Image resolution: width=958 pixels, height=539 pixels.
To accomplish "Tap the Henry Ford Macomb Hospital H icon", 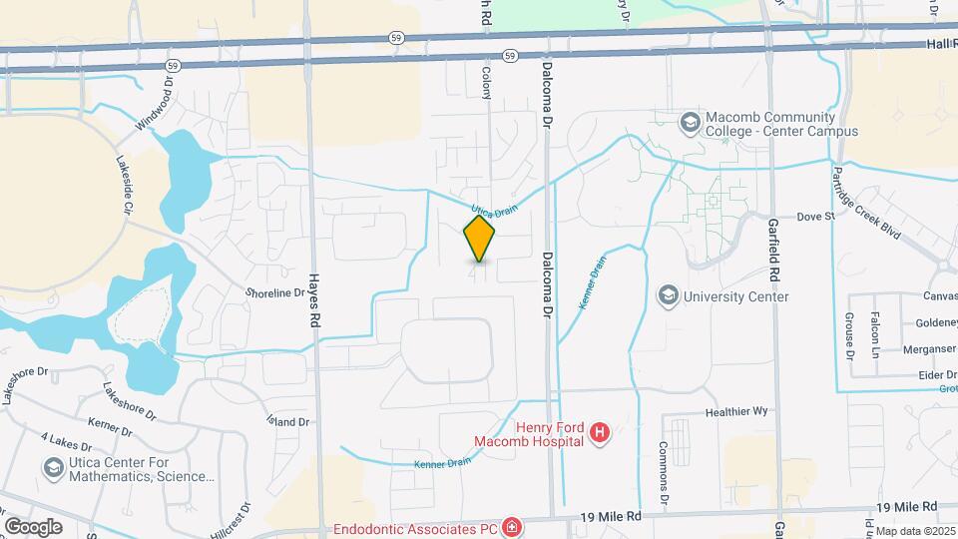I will (x=600, y=432).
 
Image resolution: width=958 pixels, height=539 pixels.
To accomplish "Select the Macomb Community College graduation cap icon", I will (x=689, y=122).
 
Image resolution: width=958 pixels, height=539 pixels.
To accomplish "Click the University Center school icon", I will (x=667, y=296).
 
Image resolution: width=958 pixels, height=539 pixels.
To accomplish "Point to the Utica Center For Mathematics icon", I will (x=53, y=467).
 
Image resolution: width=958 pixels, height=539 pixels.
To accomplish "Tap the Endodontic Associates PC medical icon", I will (x=511, y=527).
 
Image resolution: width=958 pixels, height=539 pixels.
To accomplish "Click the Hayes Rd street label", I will (x=313, y=300).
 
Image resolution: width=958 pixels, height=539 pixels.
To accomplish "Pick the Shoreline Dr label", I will (x=274, y=292).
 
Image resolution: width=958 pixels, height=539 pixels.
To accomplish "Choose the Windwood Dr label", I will (x=155, y=109).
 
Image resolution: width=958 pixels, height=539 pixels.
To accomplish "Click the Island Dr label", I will (x=288, y=422).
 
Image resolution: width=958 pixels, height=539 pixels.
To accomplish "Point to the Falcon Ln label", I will (x=875, y=334).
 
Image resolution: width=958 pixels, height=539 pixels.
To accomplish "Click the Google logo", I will (x=33, y=526).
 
